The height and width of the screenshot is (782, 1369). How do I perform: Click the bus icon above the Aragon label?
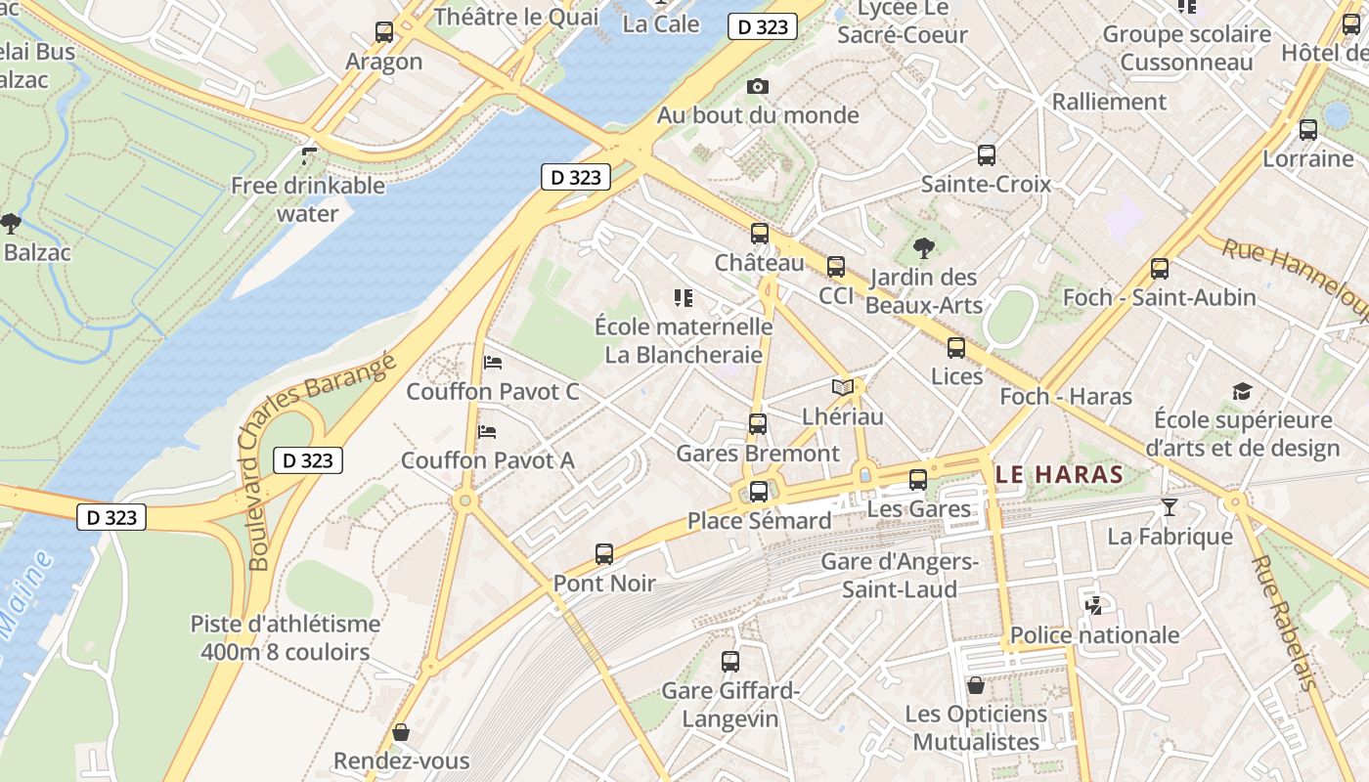coord(384,32)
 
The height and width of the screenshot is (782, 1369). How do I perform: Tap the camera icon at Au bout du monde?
coord(757,87)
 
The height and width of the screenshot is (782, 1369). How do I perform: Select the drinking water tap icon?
coord(309,155)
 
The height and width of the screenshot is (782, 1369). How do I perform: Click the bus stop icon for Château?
coord(760,234)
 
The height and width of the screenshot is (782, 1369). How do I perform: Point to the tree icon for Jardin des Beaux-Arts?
coord(923,248)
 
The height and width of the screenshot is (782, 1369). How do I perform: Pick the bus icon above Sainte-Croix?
coord(987,155)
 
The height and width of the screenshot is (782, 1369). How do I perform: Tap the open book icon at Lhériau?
coord(842,387)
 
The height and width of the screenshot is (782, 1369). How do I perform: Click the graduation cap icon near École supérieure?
coord(1242,392)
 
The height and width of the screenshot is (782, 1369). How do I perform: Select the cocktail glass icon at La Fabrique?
coord(1169,507)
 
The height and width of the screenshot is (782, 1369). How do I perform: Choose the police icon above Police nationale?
coord(1093,606)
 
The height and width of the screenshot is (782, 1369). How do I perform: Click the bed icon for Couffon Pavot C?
coord(493,363)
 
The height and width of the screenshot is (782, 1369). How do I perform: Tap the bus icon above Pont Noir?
coord(604,554)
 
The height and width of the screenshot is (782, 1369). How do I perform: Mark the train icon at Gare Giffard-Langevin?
coord(730,662)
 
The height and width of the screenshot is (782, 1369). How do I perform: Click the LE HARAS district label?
coord(1059,475)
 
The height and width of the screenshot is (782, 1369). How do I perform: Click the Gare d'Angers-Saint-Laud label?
coord(900,576)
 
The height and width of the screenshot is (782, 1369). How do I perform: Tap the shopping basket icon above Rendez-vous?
coord(401,732)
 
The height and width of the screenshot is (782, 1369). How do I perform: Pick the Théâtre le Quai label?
coord(515,17)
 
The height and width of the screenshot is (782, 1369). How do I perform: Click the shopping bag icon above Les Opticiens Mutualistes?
coord(975,684)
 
